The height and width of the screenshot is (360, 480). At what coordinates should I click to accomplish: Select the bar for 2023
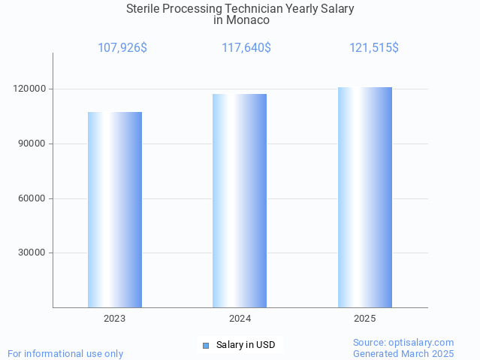(x=115, y=210)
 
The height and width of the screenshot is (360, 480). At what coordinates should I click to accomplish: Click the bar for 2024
(x=240, y=201)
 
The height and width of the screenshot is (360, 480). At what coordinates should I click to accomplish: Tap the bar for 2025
(x=365, y=198)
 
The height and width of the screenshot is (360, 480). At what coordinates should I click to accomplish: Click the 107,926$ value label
(x=122, y=48)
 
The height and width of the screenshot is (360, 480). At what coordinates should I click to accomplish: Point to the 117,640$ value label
(x=246, y=48)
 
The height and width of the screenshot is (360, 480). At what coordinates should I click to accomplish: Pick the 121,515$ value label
(x=374, y=48)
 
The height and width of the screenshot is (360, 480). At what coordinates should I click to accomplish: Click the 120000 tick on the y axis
(x=31, y=89)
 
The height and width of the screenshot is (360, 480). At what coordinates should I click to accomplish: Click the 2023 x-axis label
(x=115, y=319)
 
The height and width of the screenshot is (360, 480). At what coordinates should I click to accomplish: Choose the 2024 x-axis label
(x=240, y=319)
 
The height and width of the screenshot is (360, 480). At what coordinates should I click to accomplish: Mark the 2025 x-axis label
(x=365, y=319)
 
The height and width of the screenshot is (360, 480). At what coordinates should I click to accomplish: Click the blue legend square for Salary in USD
(x=206, y=346)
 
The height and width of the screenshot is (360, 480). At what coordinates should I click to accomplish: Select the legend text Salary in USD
(x=246, y=346)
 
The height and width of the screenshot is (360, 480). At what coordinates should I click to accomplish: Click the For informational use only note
(x=65, y=353)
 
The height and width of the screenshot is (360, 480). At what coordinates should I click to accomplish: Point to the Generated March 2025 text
(x=403, y=353)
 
